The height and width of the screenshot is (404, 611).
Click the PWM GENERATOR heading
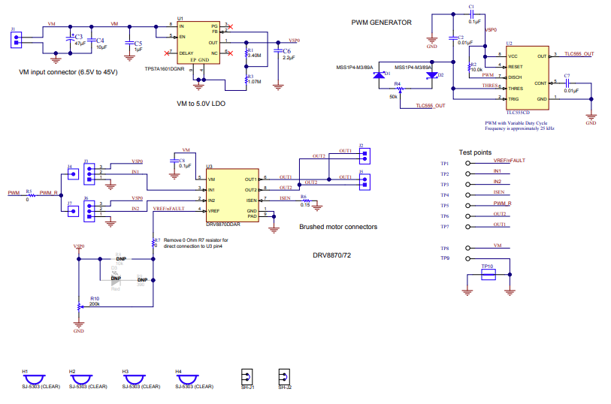(381, 23)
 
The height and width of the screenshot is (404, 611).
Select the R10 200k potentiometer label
(94, 300)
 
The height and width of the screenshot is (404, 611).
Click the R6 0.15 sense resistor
(305, 200)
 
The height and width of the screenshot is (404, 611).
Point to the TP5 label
(444, 205)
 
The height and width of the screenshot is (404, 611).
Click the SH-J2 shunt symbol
(283, 376)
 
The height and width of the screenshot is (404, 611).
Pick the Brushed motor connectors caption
(338, 226)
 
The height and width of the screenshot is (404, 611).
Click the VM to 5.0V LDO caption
(200, 103)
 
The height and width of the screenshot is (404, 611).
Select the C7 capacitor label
(567, 77)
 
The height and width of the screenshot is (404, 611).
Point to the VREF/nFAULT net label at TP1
(509, 161)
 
